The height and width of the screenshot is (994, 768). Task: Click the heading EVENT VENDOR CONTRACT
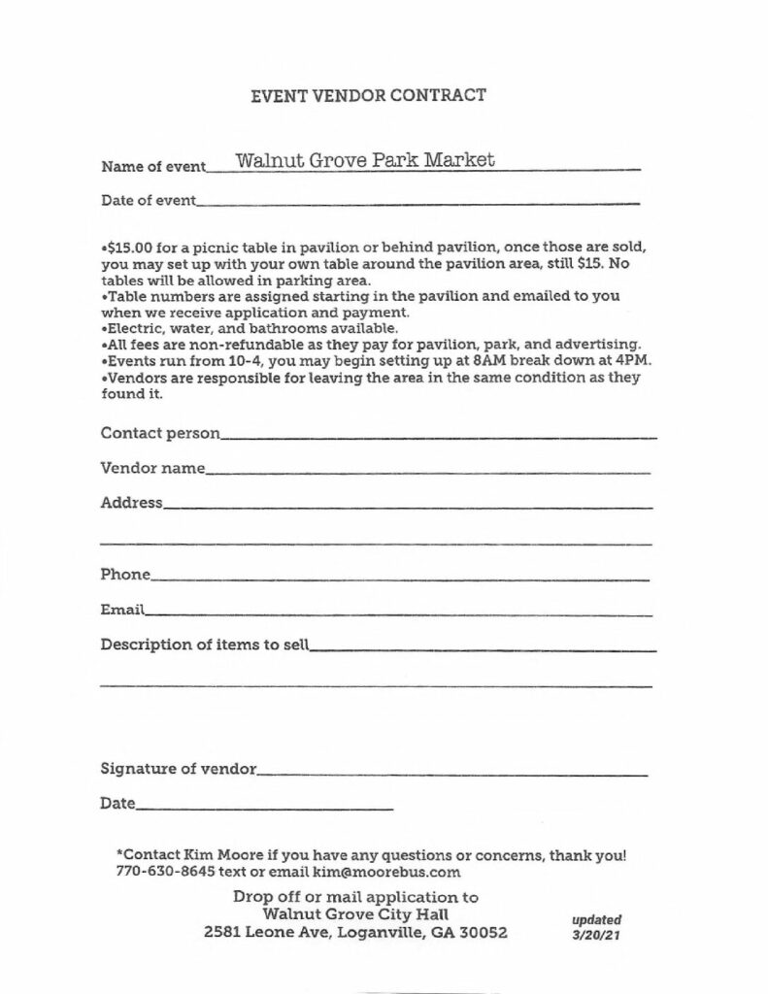pos(368,95)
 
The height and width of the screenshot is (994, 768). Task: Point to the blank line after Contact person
pos(439,436)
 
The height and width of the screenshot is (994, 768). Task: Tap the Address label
pos(131,503)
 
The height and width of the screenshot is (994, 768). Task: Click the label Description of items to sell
pos(204,645)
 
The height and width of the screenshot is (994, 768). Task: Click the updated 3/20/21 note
pos(597,928)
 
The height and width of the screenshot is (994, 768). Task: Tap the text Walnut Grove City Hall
pos(355,914)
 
